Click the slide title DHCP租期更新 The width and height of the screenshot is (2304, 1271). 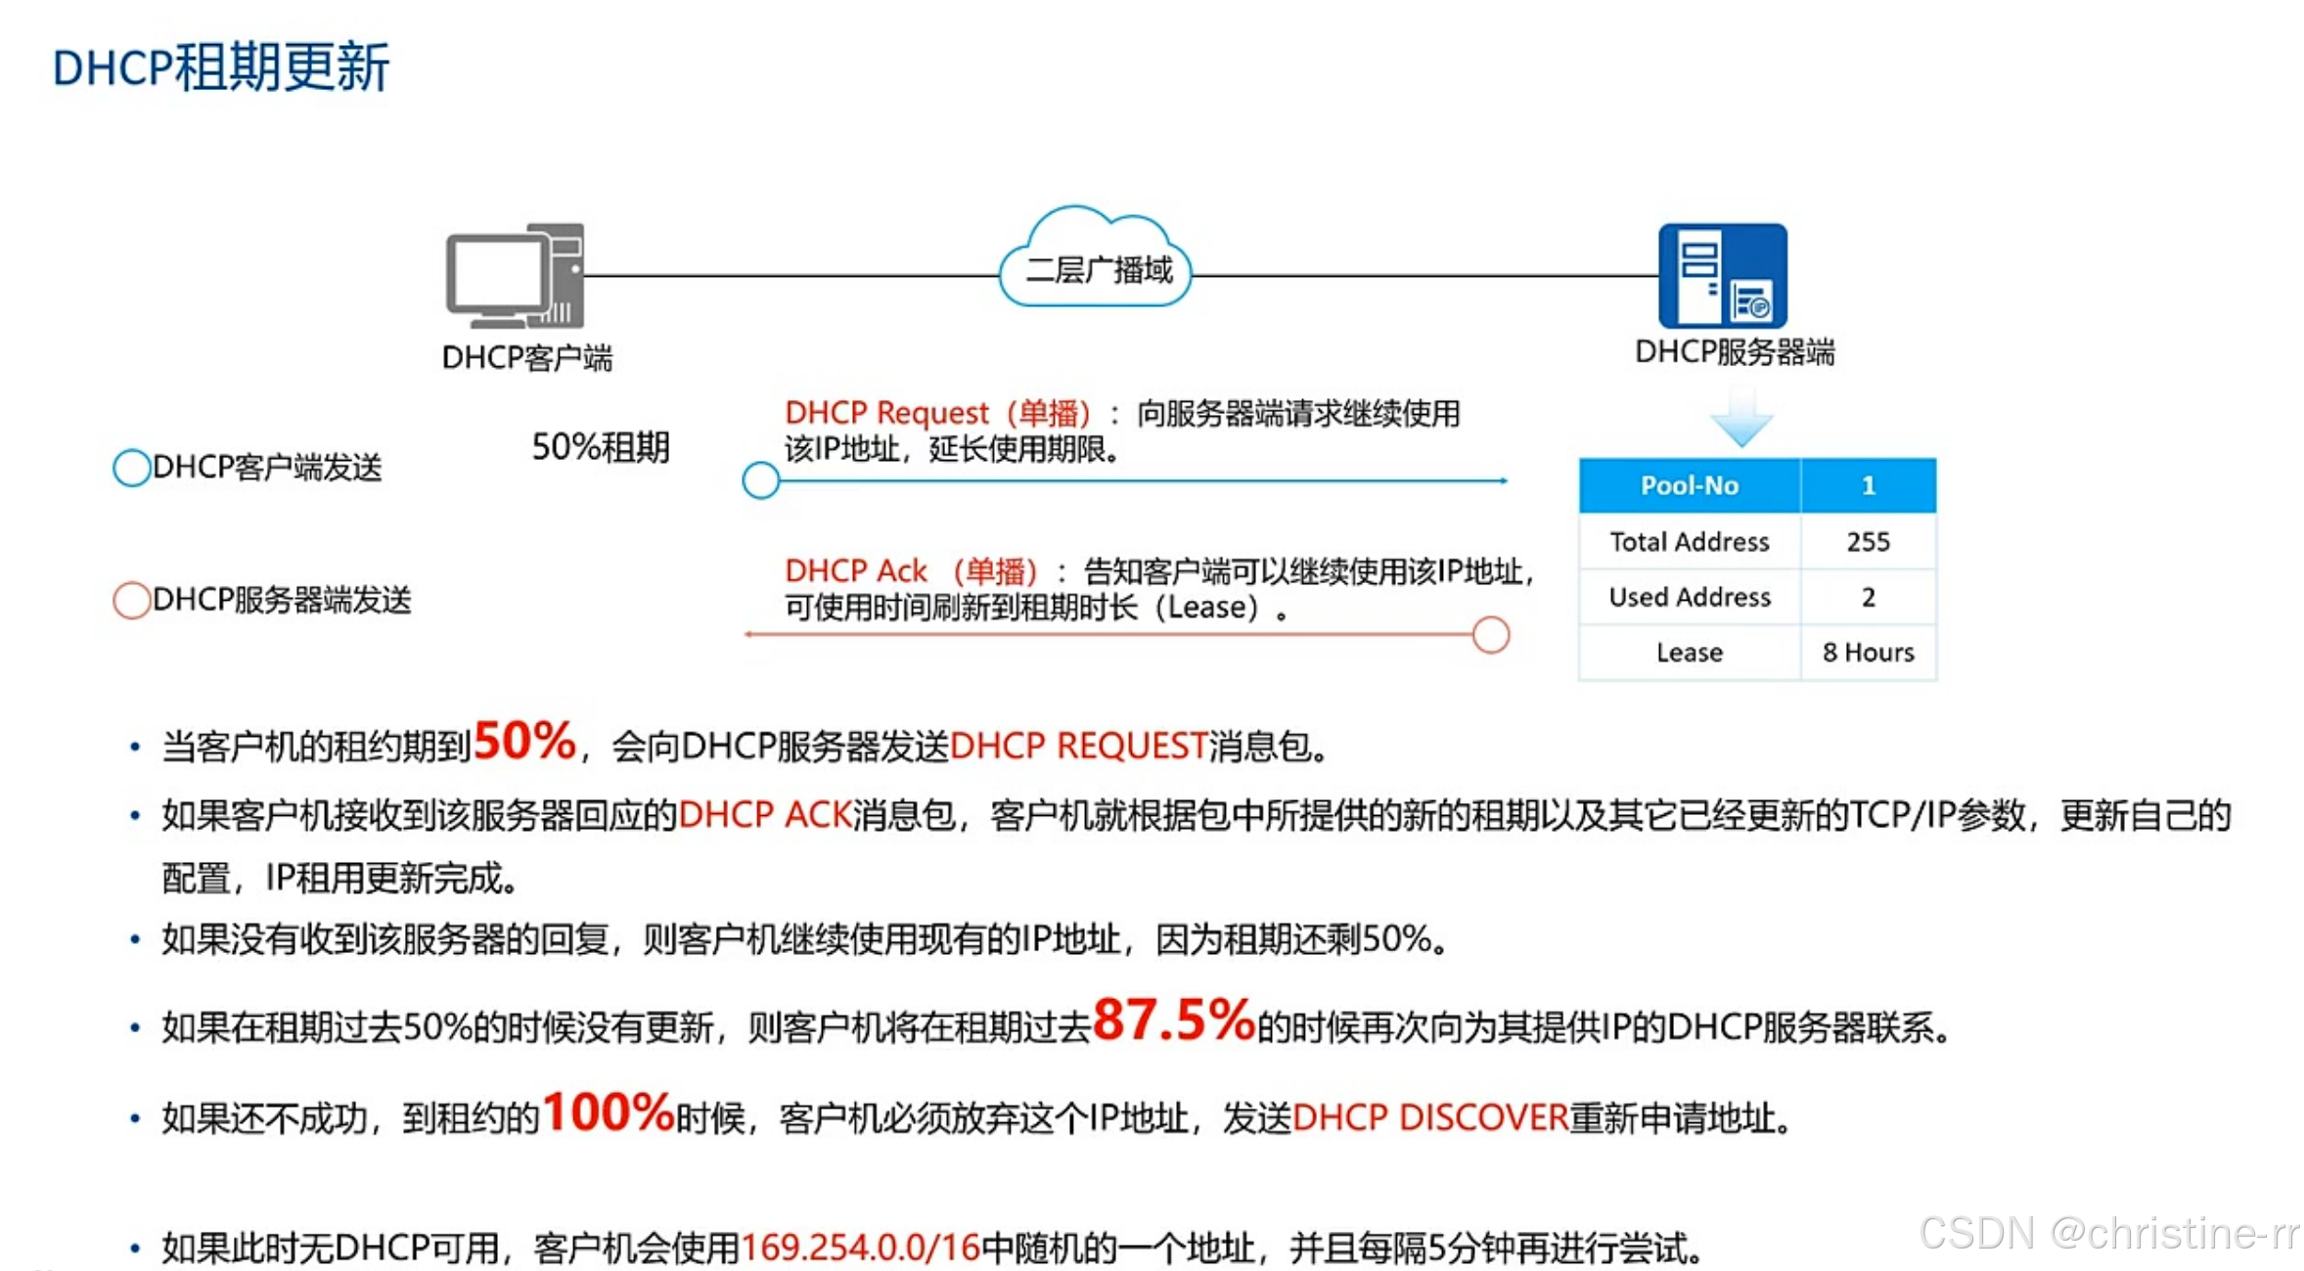(220, 68)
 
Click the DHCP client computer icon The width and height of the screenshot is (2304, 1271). (516, 276)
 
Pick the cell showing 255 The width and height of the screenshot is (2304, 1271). (1867, 542)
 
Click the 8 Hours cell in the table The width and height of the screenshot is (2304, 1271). (1867, 653)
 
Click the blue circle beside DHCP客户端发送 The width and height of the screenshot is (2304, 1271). (131, 468)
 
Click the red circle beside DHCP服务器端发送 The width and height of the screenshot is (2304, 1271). (131, 600)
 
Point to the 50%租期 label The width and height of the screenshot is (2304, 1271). (600, 447)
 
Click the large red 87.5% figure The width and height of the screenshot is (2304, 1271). (1172, 1020)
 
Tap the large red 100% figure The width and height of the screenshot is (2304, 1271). (608, 1112)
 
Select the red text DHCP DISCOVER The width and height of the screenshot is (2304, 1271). (1429, 1117)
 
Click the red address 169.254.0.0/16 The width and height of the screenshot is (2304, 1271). (860, 1248)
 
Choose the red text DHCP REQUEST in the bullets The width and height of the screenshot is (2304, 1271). (1078, 747)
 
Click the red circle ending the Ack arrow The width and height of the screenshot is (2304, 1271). (1489, 635)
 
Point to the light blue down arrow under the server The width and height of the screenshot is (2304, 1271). (1740, 419)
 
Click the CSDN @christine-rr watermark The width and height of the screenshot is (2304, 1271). (2108, 1233)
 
